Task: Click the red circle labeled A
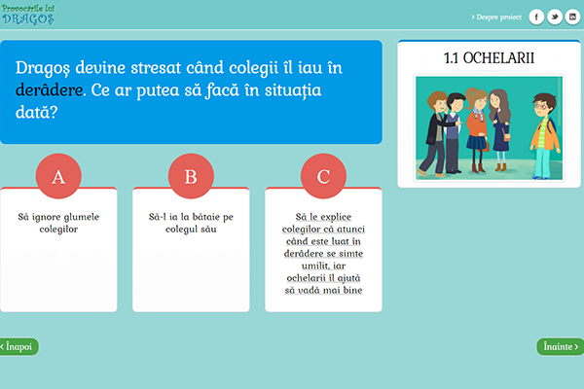tap(58, 176)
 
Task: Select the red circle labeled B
tap(191, 176)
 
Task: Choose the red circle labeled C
tap(323, 176)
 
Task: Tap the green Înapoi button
tap(18, 346)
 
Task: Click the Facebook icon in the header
tap(536, 18)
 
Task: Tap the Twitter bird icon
tap(555, 18)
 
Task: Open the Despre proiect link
tap(496, 18)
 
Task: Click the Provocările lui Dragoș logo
tap(28, 15)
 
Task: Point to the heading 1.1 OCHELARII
tap(489, 58)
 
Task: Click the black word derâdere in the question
tap(50, 90)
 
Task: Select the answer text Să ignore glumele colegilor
tap(58, 223)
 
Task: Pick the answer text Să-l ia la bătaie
tap(185, 217)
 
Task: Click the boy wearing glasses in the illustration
tap(545, 136)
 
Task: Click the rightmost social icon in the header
tap(573, 18)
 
